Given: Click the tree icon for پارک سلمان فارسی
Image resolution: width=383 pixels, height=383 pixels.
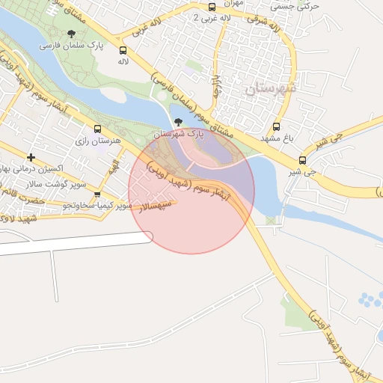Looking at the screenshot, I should coord(71,34).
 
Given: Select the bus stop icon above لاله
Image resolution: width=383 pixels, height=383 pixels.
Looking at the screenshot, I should coord(123,50).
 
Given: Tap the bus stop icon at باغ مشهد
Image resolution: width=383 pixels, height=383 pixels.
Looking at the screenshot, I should coord(277,126).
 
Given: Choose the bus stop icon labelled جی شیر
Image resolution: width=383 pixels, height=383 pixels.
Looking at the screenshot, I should coord(302,160).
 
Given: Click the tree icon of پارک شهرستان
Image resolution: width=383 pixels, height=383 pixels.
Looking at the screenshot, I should coord(177,123).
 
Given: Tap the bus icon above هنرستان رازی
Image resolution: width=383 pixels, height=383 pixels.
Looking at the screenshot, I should coord(96,128).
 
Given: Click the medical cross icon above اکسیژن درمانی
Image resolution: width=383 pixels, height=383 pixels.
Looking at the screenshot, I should coord(31,157).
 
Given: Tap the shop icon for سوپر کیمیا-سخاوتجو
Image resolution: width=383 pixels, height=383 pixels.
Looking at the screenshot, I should coord(96,194).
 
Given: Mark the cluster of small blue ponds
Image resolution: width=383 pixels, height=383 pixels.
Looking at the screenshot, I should coord(370,301).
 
